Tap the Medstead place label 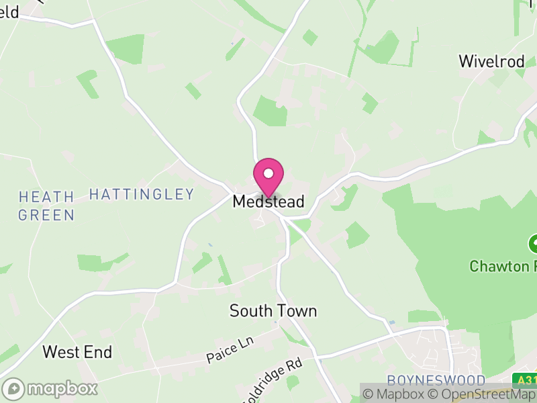click(x=268, y=201)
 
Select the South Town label click(x=273, y=311)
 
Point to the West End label click(x=77, y=352)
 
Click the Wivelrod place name click(x=491, y=61)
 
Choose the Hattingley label click(x=142, y=195)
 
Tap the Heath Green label click(x=46, y=206)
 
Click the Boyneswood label click(x=436, y=380)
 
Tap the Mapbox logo click(x=50, y=388)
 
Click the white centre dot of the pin click(x=268, y=173)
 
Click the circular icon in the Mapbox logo click(x=13, y=388)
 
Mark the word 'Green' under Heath click(x=46, y=215)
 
